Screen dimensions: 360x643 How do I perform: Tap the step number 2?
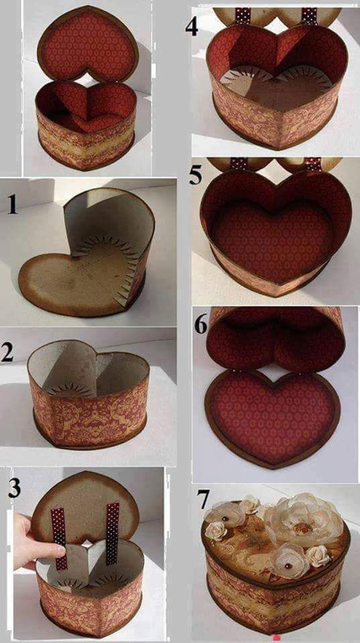click(x=8, y=353)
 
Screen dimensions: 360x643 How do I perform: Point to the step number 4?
click(x=192, y=27)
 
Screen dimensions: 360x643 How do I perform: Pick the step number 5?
click(x=196, y=177)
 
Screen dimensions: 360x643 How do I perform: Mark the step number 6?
click(x=201, y=325)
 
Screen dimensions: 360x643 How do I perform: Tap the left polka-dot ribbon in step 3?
click(x=59, y=538)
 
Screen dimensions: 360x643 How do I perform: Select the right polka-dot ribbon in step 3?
click(x=112, y=532)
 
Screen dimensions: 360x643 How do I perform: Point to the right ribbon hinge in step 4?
click(x=310, y=15)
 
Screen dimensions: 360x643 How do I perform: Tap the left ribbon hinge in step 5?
click(x=238, y=164)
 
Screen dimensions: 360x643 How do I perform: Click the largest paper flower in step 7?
click(x=304, y=517)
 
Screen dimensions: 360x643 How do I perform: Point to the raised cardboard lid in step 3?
click(x=86, y=505)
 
